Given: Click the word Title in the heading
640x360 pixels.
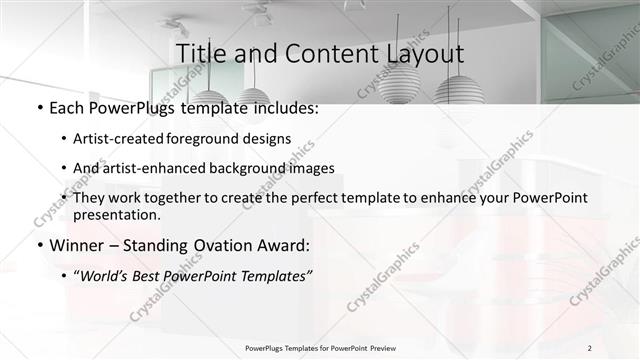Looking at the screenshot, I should [x=199, y=52].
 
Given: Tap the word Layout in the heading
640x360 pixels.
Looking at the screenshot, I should [x=420, y=52].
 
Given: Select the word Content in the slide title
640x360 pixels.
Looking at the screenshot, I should [x=321, y=52].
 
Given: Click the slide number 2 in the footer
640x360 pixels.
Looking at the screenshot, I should [x=589, y=348].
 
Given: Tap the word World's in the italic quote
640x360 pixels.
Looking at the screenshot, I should [x=111, y=274].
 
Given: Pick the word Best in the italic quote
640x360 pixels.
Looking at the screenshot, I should [x=158, y=274].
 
